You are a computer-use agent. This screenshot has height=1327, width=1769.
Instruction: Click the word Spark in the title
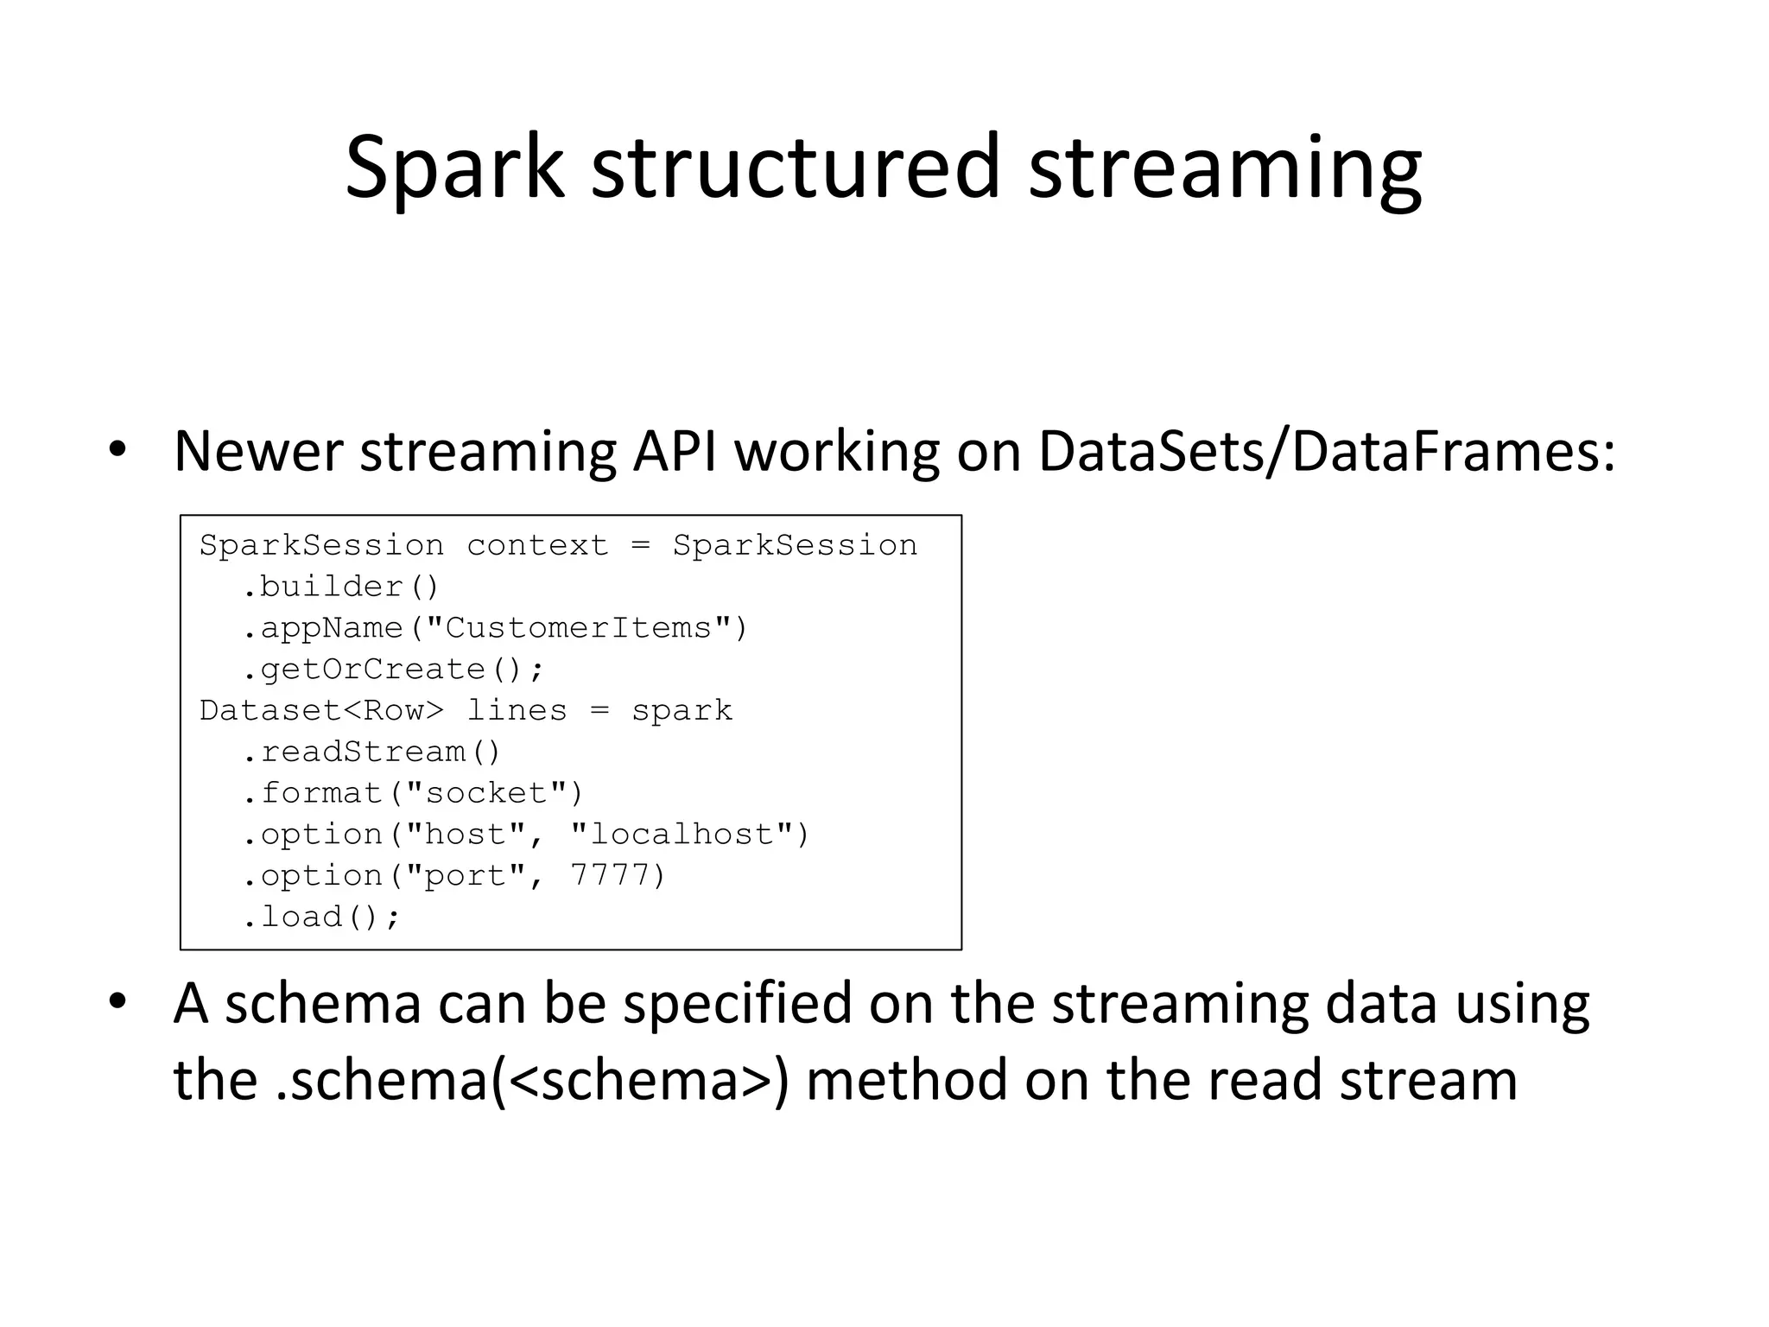454,168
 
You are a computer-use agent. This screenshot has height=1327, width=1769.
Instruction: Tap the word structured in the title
796,168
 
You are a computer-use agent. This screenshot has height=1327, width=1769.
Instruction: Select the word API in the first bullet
675,452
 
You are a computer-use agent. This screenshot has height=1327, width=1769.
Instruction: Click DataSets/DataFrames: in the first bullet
1326,452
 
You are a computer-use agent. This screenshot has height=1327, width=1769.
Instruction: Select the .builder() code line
340,587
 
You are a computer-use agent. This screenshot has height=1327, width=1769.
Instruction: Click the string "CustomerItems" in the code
578,628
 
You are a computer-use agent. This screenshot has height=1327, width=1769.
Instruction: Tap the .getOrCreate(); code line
393,670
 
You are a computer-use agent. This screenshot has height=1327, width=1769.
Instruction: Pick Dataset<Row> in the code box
321,711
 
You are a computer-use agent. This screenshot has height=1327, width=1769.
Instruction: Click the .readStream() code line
371,752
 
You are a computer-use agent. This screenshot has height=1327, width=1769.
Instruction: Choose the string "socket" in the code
484,793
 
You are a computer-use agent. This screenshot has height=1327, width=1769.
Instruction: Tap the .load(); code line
321,917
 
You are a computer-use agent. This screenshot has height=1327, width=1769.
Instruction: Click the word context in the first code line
537,546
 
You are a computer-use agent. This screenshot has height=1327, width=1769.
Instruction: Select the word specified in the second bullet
737,1005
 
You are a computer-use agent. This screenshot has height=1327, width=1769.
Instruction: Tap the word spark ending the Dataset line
682,711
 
